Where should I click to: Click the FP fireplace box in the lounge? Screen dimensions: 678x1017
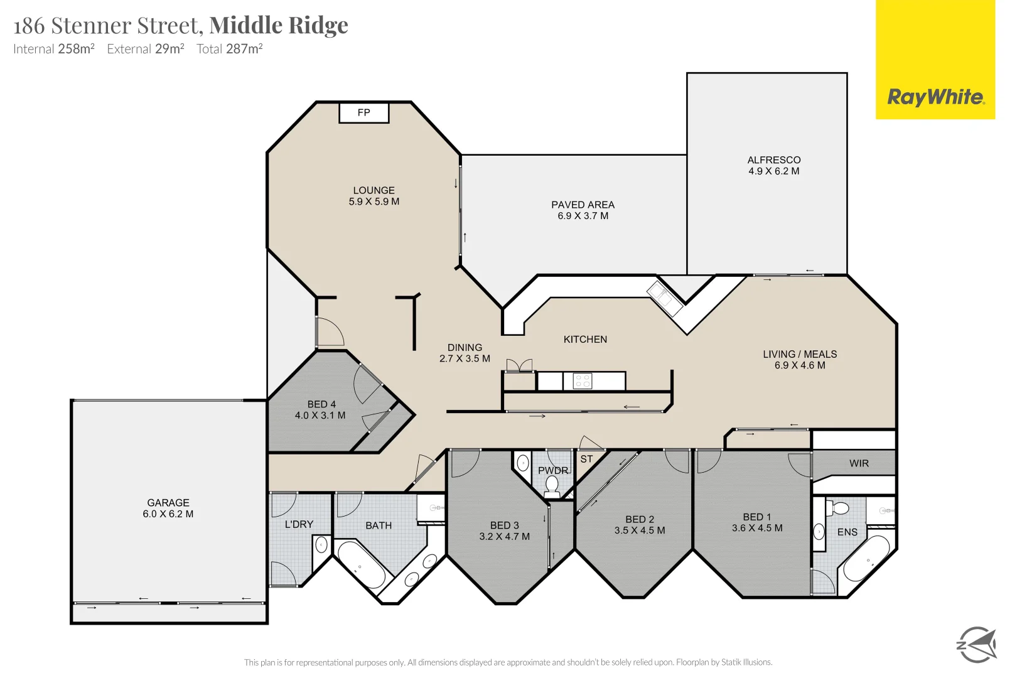(364, 113)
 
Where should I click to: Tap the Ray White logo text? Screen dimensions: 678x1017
(935, 97)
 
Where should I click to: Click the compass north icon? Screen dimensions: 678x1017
(976, 644)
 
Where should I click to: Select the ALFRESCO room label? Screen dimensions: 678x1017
(773, 160)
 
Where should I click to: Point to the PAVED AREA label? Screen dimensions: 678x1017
(583, 205)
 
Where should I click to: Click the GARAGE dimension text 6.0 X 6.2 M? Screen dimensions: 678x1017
(168, 514)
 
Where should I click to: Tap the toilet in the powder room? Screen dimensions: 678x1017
(552, 486)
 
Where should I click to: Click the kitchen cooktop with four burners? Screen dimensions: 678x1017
(583, 381)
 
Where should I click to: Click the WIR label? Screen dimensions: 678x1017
(859, 463)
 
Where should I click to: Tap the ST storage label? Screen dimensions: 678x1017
(586, 459)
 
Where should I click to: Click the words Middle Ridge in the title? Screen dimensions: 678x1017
(279, 25)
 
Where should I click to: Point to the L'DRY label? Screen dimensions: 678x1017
(299, 524)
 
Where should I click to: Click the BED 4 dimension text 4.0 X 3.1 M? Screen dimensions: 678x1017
(320, 416)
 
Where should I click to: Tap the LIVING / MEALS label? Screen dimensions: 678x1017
(800, 354)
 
